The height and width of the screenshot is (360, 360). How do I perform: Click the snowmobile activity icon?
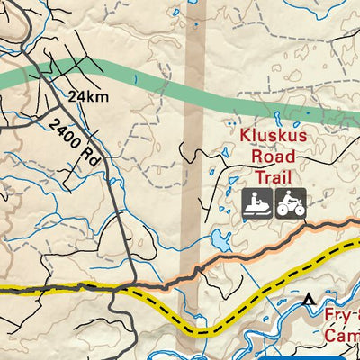point(255,203)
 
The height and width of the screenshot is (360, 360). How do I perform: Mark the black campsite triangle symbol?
point(310,298)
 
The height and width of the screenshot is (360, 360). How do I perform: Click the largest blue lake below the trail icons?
point(219,240)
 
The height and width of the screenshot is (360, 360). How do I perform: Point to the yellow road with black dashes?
point(54,290)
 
